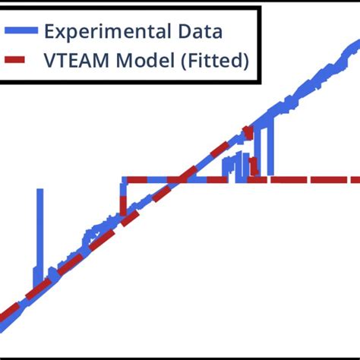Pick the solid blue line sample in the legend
point(20,31)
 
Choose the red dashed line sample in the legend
point(20,61)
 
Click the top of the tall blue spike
point(39,191)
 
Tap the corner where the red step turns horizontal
point(124,180)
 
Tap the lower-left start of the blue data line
point(3,328)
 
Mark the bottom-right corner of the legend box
point(260,81)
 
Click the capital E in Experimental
point(49,31)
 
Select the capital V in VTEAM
point(50,61)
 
